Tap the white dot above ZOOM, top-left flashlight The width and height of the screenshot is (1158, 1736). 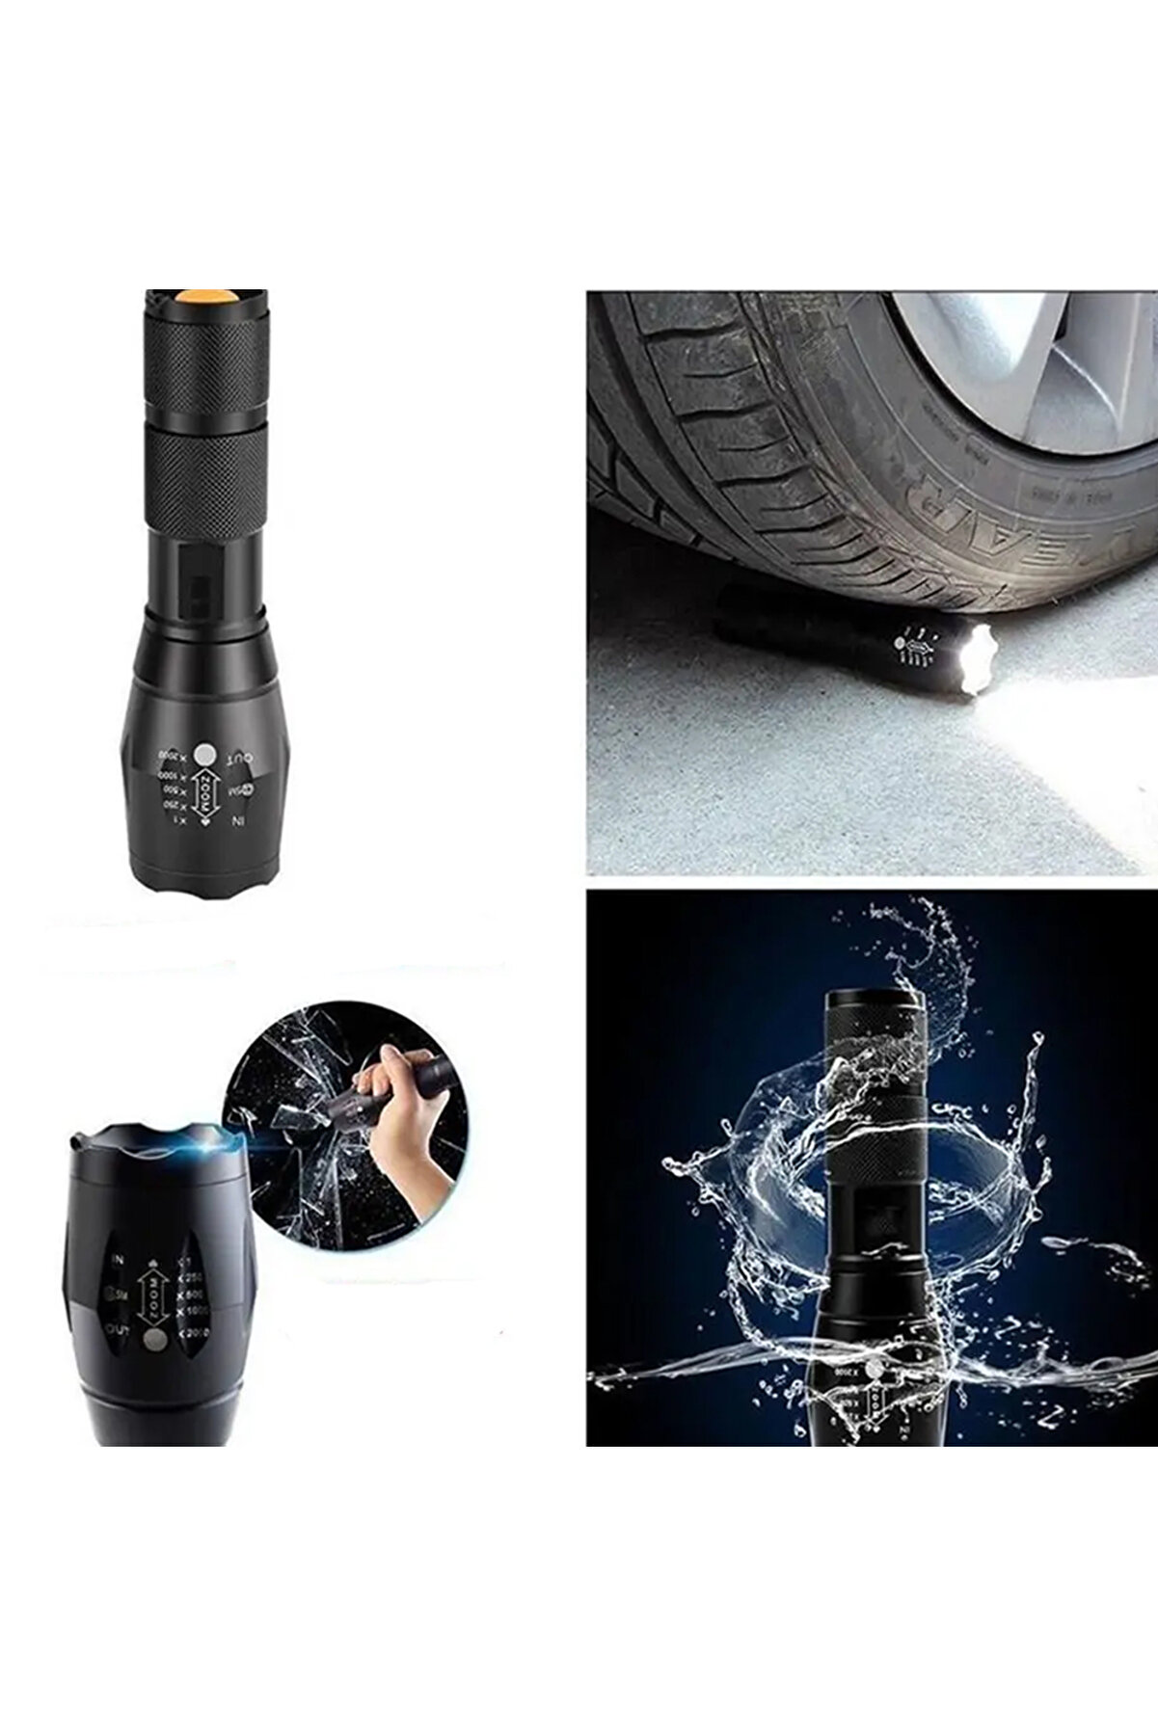pyautogui.click(x=204, y=754)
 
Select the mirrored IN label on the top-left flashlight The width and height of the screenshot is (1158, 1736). pyautogui.click(x=237, y=822)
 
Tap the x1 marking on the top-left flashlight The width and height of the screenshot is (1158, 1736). pyautogui.click(x=175, y=818)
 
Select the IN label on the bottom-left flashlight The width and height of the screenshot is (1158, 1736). pyautogui.click(x=118, y=1259)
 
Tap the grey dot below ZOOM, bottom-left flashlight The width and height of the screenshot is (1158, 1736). pyautogui.click(x=151, y=1341)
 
